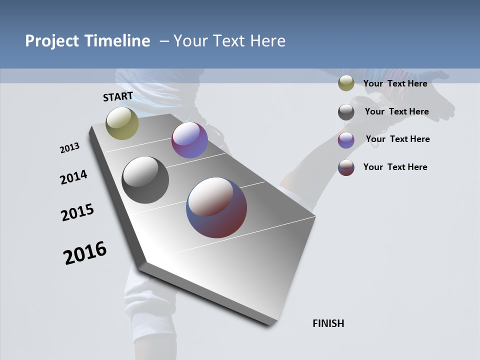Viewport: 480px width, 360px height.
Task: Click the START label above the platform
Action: click(118, 96)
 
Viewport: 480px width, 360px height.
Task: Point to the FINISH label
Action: click(328, 323)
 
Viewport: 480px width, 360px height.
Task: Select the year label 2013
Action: click(69, 148)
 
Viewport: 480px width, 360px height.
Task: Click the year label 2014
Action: click(73, 177)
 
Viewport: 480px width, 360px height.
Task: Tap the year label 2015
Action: click(77, 212)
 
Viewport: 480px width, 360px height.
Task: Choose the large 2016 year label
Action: click(85, 253)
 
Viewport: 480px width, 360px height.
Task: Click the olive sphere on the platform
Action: click(122, 123)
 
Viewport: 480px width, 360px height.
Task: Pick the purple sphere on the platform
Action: click(189, 140)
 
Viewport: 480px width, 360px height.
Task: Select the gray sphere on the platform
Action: click(145, 180)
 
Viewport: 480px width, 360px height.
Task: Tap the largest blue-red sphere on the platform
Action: click(216, 207)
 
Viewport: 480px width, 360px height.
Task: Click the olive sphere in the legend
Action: click(346, 83)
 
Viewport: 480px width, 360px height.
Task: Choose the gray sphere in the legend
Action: click(346, 112)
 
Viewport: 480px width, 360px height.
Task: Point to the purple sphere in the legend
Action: click(346, 140)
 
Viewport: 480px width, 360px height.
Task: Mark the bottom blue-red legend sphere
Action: click(346, 167)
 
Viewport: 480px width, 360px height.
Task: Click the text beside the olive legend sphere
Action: click(395, 83)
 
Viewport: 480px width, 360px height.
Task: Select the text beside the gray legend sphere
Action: click(396, 111)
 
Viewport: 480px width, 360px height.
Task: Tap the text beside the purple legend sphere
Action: click(397, 139)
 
